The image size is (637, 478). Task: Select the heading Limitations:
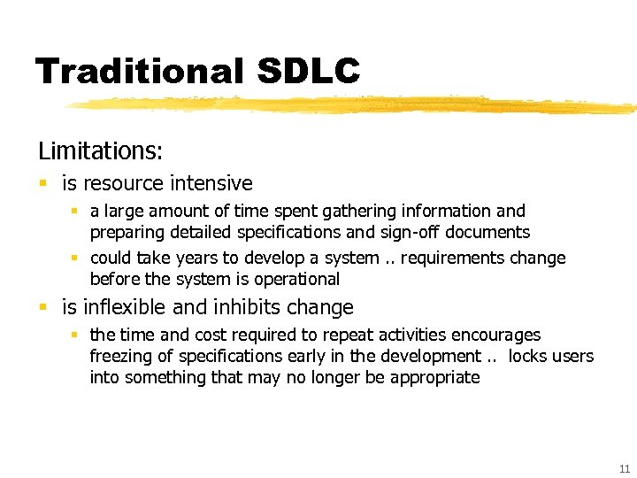point(100,150)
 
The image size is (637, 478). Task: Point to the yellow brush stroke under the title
point(354,105)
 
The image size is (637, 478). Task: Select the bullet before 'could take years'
point(76,258)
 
